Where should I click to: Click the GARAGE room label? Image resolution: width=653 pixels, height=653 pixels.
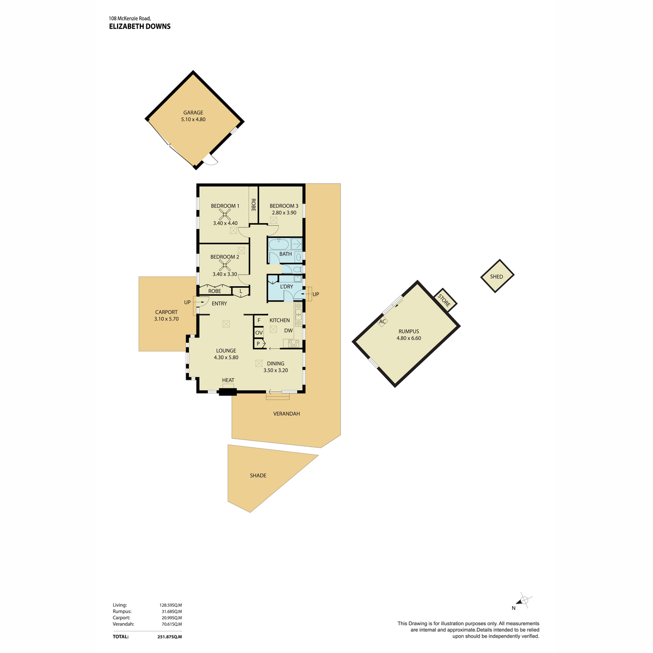tap(193, 113)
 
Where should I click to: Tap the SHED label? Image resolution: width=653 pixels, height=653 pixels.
tap(496, 276)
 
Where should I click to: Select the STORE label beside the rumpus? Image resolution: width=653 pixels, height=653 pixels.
tap(444, 300)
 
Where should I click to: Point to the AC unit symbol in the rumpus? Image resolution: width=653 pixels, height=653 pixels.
tap(382, 321)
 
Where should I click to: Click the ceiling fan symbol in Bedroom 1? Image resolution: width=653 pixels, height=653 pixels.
tap(225, 214)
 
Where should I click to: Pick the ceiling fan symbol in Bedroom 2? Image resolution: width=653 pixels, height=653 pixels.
tap(225, 266)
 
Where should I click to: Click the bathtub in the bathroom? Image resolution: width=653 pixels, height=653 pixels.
tap(279, 244)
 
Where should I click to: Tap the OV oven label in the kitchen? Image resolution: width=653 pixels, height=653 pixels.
tap(258, 332)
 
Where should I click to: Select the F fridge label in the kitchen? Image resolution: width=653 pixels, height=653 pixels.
tap(259, 320)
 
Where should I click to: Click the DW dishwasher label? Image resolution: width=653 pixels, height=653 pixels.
tap(288, 330)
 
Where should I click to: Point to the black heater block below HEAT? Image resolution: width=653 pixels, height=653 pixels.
tap(227, 392)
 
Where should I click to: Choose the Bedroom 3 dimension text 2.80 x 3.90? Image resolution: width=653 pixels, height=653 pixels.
tap(284, 213)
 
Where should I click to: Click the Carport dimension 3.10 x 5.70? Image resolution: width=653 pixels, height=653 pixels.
tap(166, 319)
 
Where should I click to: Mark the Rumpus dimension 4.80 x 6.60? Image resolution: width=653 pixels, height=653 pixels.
tap(409, 338)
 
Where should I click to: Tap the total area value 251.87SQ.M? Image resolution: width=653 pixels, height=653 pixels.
tap(169, 637)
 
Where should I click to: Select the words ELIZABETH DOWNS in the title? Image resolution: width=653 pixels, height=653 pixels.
tap(140, 27)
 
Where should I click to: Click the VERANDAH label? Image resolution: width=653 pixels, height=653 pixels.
tap(286, 414)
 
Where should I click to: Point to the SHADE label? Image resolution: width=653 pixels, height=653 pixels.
tap(258, 476)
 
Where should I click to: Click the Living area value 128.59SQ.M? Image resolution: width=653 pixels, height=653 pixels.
tap(170, 605)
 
